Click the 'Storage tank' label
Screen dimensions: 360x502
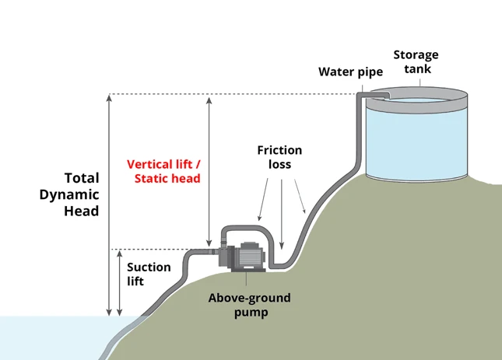[x=416, y=61]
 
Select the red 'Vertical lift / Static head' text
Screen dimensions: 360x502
[x=163, y=171]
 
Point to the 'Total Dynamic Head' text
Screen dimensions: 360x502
[x=69, y=194]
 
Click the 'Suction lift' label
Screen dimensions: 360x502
[x=149, y=274]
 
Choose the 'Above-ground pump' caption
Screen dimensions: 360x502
[x=248, y=306]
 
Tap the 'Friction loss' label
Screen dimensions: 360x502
[x=279, y=158]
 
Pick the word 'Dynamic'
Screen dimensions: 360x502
[x=69, y=194]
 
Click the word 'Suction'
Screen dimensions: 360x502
[x=149, y=267]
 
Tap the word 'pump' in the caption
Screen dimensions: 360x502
[x=248, y=313]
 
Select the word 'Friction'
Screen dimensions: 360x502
[x=279, y=150]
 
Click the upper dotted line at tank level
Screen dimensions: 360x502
[x=233, y=95]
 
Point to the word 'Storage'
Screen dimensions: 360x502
[x=416, y=54]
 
